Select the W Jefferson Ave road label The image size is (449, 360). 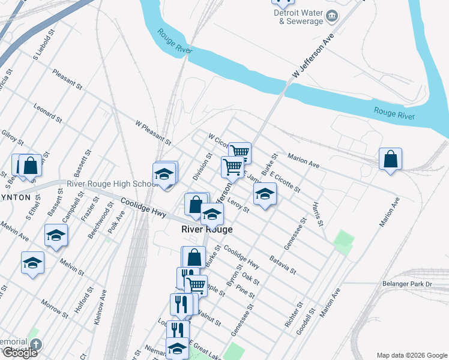pyautogui.click(x=313, y=55)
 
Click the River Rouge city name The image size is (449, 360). pyautogui.click(x=206, y=229)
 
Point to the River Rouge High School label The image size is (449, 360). pyautogui.click(x=113, y=184)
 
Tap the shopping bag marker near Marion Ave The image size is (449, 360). pyautogui.click(x=390, y=160)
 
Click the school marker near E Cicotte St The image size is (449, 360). pyautogui.click(x=264, y=194)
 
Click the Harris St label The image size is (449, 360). pyautogui.click(x=318, y=214)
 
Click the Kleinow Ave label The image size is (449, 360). pyautogui.click(x=101, y=308)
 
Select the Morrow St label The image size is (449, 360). pyautogui.click(x=55, y=307)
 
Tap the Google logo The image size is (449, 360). pyautogui.click(x=19, y=353)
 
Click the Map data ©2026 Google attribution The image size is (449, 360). pyautogui.click(x=412, y=355)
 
